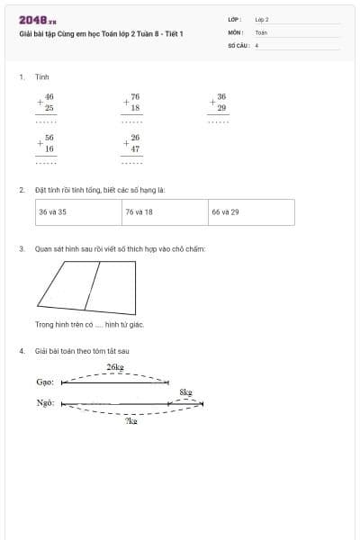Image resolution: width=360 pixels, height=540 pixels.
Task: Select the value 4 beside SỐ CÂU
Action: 256,44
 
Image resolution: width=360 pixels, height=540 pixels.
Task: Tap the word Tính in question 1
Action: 41,77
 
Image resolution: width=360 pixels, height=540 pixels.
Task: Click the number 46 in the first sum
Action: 49,96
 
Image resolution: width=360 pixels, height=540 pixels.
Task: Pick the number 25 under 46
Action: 49,107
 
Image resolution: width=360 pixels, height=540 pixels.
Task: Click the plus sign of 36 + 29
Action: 211,102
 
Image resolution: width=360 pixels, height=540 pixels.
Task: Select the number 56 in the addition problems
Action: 49,138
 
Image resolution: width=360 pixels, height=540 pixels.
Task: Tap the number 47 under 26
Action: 135,148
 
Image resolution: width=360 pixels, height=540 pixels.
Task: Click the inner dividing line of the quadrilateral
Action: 91,284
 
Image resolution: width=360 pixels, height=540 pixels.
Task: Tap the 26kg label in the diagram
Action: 114,367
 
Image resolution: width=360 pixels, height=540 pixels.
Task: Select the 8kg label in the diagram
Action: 185,392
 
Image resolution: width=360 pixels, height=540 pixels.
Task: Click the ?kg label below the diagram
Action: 130,421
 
